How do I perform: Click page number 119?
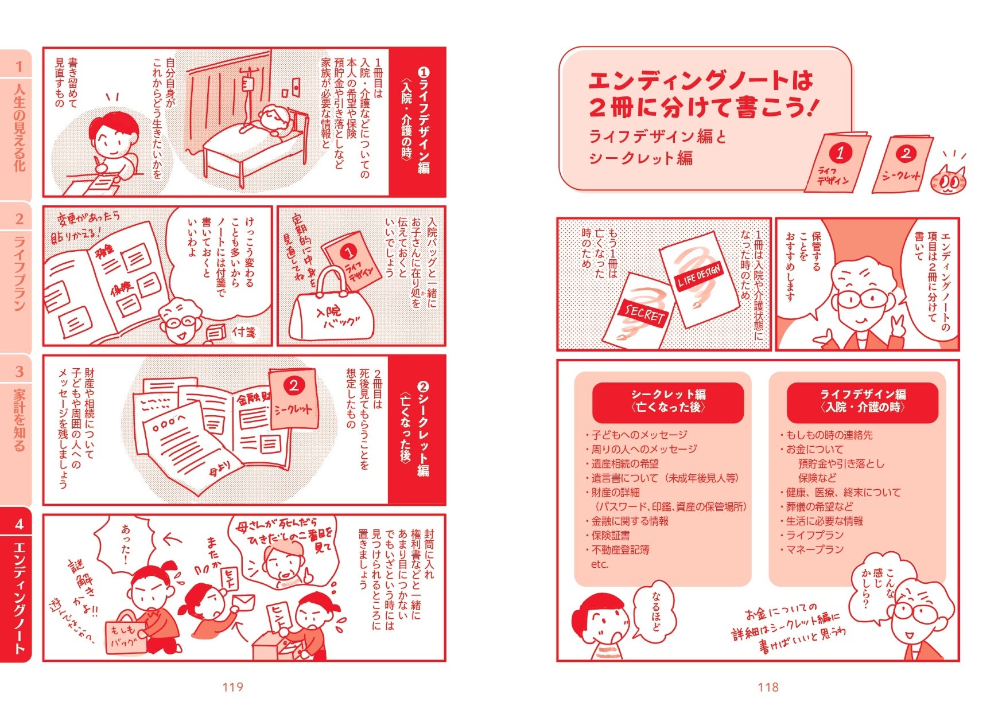click(x=232, y=687)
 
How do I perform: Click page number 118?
click(x=768, y=687)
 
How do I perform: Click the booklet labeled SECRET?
click(x=640, y=310)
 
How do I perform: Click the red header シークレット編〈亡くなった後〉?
click(x=668, y=401)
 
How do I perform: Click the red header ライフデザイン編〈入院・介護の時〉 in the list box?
click(x=862, y=401)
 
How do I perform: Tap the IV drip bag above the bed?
click(x=248, y=84)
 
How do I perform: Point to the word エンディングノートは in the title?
click(x=701, y=81)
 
